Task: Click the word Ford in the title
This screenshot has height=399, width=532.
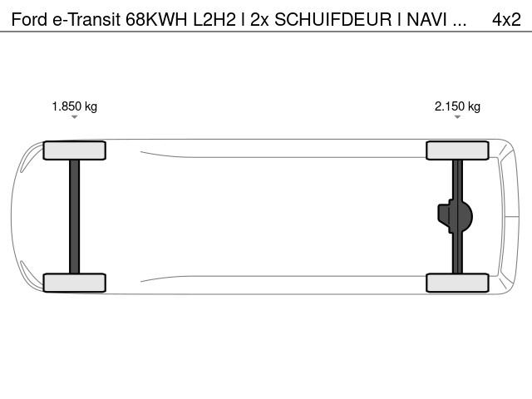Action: click(x=29, y=20)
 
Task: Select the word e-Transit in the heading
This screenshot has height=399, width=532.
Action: click(x=86, y=20)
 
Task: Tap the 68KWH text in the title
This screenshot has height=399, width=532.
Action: click(x=156, y=20)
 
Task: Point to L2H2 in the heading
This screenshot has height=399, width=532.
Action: click(x=214, y=20)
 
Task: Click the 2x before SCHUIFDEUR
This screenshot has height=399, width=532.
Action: click(x=259, y=20)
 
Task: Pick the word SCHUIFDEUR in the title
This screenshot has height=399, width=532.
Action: click(x=332, y=20)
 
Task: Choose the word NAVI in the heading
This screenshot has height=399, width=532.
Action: click(x=426, y=20)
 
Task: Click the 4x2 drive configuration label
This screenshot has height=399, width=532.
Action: click(x=506, y=20)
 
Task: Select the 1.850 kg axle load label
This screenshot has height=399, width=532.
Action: click(x=75, y=106)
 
